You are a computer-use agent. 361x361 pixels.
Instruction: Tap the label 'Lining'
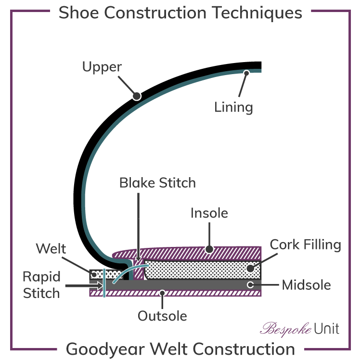click(233, 106)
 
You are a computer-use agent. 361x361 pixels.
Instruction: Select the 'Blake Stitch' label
click(158, 183)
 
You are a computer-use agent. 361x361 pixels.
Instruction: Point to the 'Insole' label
click(209, 213)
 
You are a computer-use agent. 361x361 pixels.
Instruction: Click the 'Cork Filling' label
click(305, 245)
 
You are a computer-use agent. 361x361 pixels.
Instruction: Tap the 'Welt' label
click(51, 249)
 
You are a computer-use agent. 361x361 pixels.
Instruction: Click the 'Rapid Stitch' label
click(42, 285)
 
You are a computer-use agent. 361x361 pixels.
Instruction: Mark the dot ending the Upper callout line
click(137, 96)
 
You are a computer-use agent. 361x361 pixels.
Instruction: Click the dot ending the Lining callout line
click(246, 73)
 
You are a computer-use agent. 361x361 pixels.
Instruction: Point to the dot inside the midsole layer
click(250, 284)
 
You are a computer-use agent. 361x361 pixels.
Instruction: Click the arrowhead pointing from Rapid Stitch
click(99, 285)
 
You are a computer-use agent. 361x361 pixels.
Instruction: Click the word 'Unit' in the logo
click(326, 329)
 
